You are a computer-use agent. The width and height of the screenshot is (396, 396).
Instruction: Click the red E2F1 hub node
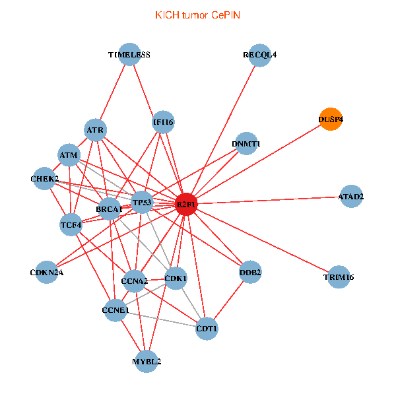186,205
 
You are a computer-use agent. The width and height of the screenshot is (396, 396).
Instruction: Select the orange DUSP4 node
331,119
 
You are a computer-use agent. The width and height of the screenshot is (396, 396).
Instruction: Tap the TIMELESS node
129,55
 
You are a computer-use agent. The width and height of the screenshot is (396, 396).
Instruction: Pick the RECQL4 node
259,55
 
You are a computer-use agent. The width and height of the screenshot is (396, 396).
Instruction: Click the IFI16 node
162,122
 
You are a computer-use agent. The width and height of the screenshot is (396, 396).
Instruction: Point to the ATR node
96,131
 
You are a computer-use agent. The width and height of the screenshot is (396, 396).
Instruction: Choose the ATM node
69,156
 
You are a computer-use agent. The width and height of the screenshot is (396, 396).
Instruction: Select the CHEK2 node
45,179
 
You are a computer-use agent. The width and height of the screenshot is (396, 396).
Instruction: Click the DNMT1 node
246,144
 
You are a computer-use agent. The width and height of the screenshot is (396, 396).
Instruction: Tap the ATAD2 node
351,197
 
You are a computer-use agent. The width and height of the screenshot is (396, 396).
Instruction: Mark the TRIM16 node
339,277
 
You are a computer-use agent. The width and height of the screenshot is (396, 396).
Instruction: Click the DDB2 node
250,272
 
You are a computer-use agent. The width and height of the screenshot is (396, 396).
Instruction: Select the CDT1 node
207,328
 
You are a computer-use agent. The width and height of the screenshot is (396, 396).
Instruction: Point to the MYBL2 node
147,362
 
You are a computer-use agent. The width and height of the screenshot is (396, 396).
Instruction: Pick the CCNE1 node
115,310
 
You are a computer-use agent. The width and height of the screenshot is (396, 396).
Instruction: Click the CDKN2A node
46,272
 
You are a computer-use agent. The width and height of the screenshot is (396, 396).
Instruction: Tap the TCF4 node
71,225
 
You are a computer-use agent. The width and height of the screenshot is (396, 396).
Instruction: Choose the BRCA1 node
109,209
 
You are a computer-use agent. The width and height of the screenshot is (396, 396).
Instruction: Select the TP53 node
142,202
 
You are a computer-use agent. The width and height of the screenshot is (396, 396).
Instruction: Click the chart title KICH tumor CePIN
197,15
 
